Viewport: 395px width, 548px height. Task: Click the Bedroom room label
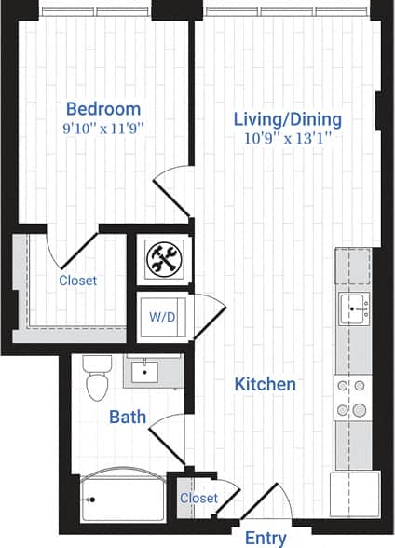coord(103,108)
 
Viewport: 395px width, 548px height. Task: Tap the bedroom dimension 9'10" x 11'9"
coord(103,127)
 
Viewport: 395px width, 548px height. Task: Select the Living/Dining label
coord(287,119)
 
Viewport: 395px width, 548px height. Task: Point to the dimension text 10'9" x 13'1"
coord(287,137)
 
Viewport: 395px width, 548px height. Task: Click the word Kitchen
coord(265,384)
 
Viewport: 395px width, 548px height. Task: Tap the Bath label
coord(128,416)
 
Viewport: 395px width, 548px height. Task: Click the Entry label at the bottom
coord(266,538)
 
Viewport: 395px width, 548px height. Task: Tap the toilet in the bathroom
coord(94,377)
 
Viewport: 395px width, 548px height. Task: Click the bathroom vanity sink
coord(145,373)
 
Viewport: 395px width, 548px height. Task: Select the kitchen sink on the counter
coord(354,305)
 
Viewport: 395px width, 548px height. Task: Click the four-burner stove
coord(353,398)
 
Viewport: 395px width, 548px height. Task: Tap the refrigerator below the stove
coord(354,492)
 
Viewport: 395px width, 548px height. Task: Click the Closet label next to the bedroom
coord(77,280)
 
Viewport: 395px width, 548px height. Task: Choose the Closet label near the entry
coord(198,499)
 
